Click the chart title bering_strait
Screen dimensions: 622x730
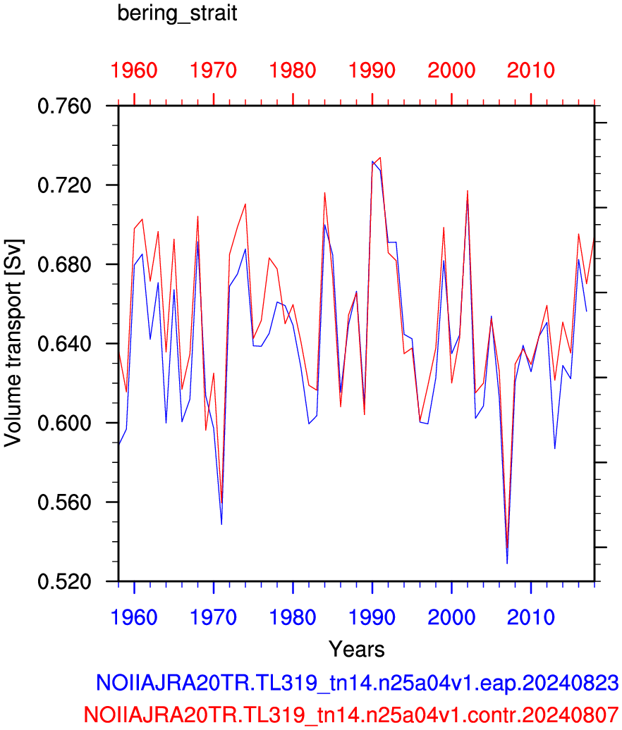point(177,13)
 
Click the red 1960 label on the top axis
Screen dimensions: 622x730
point(134,70)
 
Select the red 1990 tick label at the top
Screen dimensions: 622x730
point(372,70)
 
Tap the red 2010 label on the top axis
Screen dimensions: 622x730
point(531,70)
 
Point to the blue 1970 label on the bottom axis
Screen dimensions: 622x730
point(214,618)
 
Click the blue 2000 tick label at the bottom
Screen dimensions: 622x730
point(451,618)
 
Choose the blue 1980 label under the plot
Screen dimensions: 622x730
point(293,618)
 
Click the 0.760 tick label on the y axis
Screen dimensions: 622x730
point(64,106)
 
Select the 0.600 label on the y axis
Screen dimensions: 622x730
point(64,423)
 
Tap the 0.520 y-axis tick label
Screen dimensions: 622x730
point(64,582)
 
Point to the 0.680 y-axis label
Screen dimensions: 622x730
point(64,264)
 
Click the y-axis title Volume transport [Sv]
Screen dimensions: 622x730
point(13,344)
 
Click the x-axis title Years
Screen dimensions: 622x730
point(357,649)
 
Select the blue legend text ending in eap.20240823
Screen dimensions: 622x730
point(358,683)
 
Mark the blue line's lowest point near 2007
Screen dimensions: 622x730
point(507,563)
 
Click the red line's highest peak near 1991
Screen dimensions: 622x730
point(381,157)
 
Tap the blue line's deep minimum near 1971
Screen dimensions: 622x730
point(221,524)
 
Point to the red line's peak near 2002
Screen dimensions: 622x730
point(468,190)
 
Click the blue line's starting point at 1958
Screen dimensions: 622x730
point(118,445)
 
